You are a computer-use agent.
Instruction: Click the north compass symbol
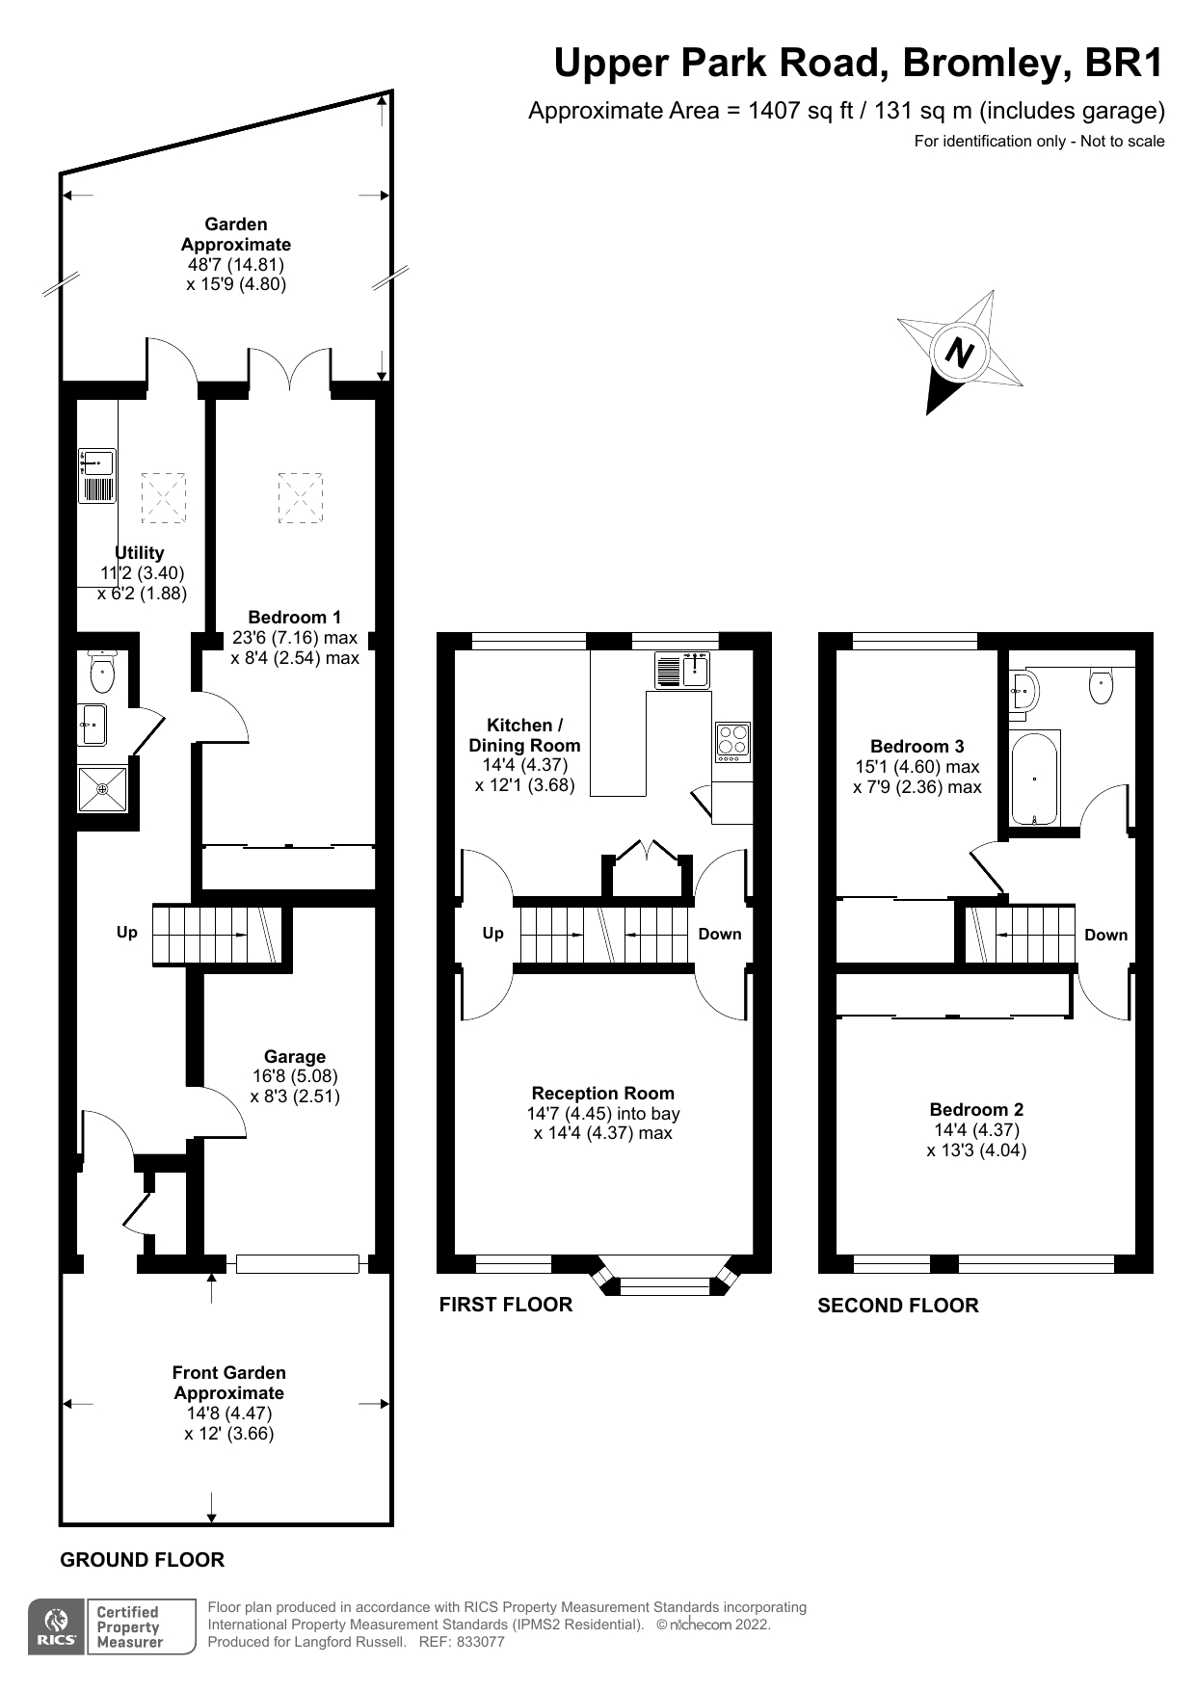point(959,353)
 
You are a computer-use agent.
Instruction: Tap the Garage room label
point(295,1056)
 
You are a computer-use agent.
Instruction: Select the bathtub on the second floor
point(1034,778)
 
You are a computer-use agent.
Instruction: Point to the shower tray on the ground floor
point(102,788)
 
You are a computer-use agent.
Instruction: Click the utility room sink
point(96,475)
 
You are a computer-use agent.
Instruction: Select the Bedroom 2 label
point(976,1109)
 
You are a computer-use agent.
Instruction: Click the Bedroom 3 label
point(917,746)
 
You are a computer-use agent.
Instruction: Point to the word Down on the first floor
point(720,934)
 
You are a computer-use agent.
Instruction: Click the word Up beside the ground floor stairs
point(126,932)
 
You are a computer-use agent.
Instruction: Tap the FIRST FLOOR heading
point(505,1304)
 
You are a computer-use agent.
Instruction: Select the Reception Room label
point(602,1093)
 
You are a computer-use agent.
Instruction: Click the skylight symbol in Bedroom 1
point(301,497)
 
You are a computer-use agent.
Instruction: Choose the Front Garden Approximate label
point(229,1382)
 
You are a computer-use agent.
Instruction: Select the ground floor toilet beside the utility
point(101,672)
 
